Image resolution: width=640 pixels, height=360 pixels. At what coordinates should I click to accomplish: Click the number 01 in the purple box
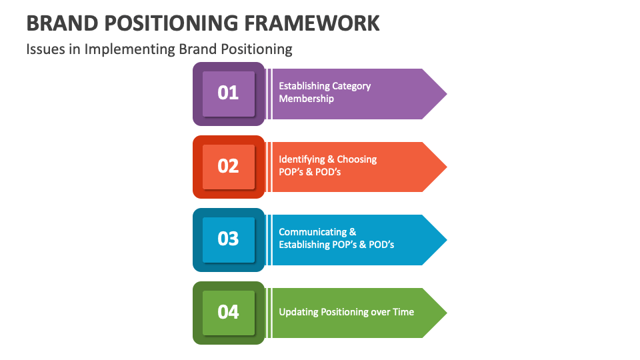(x=228, y=93)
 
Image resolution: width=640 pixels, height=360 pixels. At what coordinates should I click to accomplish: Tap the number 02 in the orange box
(x=228, y=166)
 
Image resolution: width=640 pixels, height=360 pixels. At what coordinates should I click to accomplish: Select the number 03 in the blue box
(x=228, y=239)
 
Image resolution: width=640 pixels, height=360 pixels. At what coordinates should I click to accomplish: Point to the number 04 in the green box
(x=228, y=312)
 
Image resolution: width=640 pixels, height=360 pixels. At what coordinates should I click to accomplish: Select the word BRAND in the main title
(x=59, y=23)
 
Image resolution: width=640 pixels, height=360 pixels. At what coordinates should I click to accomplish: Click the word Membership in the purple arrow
(x=306, y=99)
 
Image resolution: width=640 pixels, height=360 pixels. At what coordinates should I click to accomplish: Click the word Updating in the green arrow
(x=299, y=312)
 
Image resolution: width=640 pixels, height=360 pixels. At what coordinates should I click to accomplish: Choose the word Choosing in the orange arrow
(x=357, y=159)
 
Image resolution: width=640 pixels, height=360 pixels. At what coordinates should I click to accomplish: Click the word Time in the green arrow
(x=403, y=312)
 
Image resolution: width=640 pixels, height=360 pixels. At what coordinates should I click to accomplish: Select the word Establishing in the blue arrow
(x=303, y=245)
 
